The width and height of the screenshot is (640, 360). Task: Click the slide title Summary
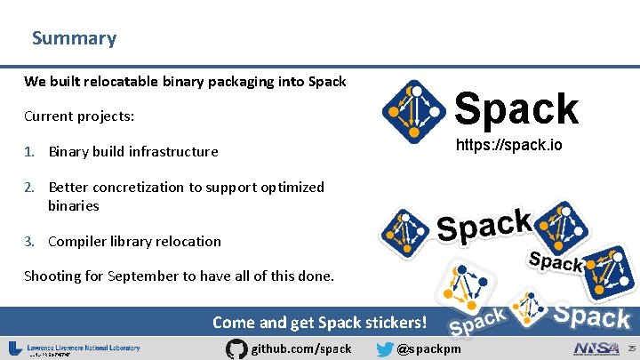point(74,38)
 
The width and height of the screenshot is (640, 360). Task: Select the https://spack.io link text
point(509,145)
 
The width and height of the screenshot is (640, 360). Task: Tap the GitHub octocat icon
point(236,348)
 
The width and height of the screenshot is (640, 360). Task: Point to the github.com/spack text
point(302,348)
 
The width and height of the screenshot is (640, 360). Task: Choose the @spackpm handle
point(429,348)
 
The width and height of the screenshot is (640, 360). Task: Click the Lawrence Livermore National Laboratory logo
point(75,348)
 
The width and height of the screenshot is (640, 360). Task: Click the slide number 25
point(632,347)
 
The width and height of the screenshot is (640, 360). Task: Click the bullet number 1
point(29,151)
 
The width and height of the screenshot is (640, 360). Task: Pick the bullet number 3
point(29,241)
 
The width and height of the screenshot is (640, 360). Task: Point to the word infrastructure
point(173,151)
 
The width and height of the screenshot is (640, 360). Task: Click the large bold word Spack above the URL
point(516,109)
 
